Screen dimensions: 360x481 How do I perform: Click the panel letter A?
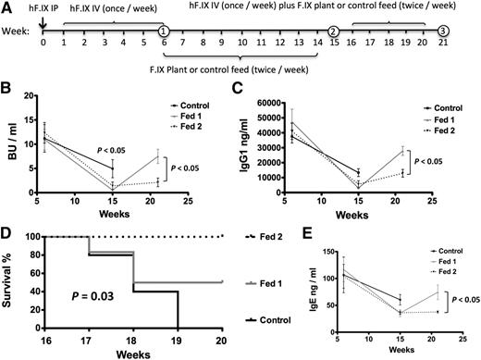[8, 9]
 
